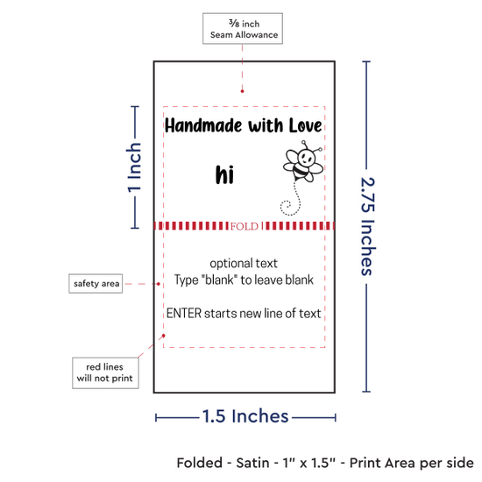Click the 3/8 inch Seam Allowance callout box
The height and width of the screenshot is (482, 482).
243,29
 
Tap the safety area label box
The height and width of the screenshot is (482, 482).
96,283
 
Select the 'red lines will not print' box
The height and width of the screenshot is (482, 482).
105,372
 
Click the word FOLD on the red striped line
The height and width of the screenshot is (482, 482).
245,227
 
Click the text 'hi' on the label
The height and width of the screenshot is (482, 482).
224,174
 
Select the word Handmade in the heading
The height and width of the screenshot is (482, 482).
203,125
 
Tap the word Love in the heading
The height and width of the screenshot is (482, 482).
305,125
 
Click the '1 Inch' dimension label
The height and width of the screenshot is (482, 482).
134,167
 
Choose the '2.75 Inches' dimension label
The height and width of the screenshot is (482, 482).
367,226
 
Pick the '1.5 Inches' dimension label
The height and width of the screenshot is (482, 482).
245,416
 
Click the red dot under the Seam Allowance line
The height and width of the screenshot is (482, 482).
242,91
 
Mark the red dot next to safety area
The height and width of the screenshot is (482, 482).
159,284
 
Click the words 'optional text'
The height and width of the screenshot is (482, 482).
244,264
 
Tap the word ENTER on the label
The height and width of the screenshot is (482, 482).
184,313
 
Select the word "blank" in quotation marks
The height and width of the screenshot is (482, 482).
219,280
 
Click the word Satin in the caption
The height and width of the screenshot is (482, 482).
252,463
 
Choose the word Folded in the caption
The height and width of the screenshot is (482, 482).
200,463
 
